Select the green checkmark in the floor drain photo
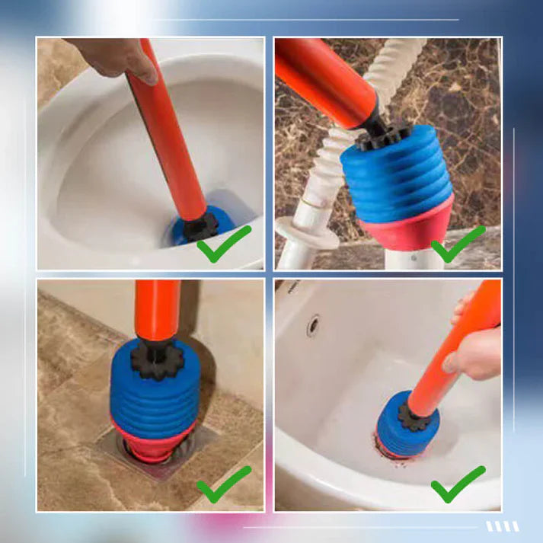point(222,484)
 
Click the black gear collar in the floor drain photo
point(157,358)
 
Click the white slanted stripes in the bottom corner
point(503,526)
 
